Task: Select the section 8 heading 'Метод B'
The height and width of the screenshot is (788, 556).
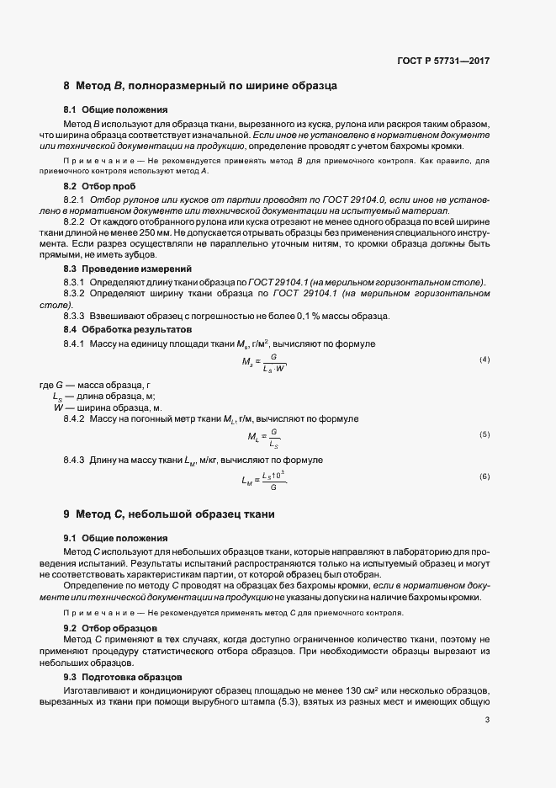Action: tap(201, 86)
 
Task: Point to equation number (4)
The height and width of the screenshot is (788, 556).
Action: tap(485, 360)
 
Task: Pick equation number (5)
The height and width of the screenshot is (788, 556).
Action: tap(485, 434)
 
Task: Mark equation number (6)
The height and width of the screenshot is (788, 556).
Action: tap(485, 477)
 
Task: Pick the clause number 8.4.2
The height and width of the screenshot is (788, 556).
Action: tap(75, 418)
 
